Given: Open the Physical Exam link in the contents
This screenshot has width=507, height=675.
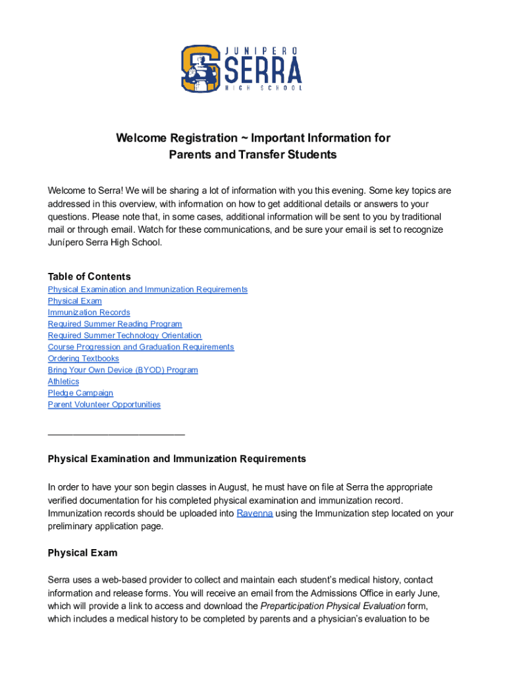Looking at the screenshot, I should pos(74,301).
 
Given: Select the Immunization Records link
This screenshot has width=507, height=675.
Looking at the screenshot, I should pos(89,312).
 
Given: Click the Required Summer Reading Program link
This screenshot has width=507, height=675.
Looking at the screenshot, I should pos(115,324).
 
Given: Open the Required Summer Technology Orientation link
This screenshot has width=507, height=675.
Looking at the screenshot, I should pos(124,336).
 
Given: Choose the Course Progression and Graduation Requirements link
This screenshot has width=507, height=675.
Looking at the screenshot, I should pos(141,347).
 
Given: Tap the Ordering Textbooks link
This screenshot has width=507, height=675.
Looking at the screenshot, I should pos(83,359).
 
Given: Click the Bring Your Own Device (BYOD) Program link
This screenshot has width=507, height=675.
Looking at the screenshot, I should pos(122,370).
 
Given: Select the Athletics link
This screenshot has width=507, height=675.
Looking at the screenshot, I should pos(63,382).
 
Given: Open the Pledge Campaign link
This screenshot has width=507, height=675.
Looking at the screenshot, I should pos(80,394).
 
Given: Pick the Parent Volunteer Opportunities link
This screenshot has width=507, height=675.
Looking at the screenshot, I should pos(104,405).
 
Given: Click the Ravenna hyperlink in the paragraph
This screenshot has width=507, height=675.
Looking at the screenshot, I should pos(255,514).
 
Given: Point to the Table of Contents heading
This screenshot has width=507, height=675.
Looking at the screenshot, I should pos(89,277).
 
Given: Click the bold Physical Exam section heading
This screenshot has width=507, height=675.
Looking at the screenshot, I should pos(82,553).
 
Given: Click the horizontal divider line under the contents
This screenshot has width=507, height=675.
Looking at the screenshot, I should pos(116,434).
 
